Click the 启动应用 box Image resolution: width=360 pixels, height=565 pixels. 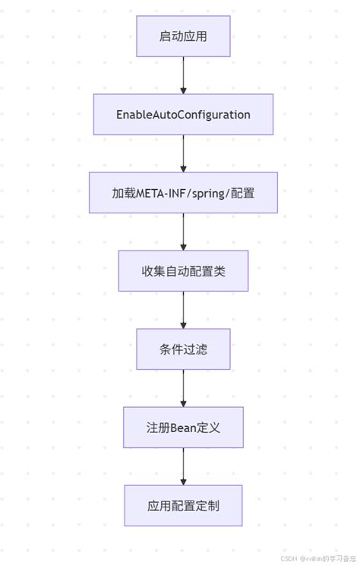pos(183,36)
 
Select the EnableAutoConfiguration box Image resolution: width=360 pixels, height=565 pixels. pos(183,115)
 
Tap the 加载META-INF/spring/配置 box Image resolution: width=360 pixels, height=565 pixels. pos(183,193)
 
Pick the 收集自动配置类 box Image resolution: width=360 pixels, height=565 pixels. pos(183,271)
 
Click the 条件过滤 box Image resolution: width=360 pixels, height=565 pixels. pos(183,349)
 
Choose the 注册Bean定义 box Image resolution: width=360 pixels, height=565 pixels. pos(183,428)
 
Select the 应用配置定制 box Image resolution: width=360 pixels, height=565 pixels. pos(183,506)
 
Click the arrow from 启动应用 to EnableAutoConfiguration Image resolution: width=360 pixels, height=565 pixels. pos(183,75)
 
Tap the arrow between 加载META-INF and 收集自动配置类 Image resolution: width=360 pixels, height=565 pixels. pos(183,232)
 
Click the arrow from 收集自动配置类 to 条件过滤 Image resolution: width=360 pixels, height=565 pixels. pos(183,310)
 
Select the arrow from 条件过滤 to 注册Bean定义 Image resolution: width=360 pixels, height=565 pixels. pos(183,388)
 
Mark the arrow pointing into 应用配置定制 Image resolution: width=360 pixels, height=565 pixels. pos(183,466)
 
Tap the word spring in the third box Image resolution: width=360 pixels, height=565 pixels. pos(210,193)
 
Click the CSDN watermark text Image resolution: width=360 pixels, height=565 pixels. pos(289,557)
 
